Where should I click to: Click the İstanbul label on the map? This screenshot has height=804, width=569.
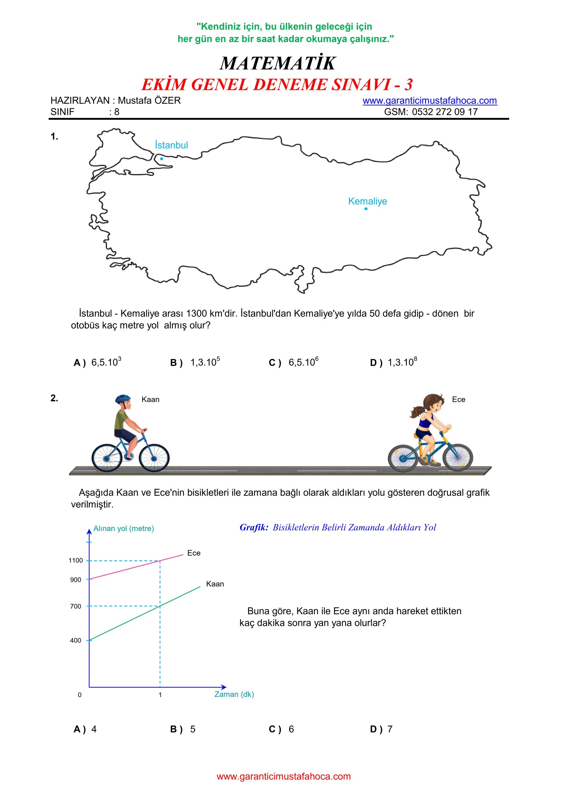pos(171,145)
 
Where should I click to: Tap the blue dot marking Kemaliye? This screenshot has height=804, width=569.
pos(366,209)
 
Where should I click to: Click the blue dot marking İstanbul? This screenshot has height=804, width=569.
pos(161,159)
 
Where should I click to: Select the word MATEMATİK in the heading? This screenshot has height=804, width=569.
pos(277,63)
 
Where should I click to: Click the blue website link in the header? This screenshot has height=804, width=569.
pos(429,101)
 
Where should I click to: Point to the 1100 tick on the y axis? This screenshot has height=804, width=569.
pos(75,561)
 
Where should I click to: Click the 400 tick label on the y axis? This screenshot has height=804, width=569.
pos(75,640)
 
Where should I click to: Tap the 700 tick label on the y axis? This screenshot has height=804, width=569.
pos(75,606)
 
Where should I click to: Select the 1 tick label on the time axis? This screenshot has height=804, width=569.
pos(160,695)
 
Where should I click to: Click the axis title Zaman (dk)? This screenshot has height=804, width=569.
pos(234,694)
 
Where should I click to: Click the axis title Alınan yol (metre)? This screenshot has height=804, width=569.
pos(123,529)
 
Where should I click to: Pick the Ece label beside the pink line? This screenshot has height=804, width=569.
pos(194,553)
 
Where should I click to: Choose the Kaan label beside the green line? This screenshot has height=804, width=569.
pos(215,584)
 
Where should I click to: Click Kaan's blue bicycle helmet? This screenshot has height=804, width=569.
pos(123,398)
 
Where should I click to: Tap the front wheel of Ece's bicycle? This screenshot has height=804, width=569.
pos(458,457)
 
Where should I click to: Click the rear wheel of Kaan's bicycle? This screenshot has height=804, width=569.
pos(107,458)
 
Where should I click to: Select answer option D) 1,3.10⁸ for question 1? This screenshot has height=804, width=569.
pos(393,362)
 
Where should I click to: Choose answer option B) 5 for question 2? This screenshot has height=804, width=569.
pos(183,729)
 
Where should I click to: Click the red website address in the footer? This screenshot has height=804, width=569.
pos(283,776)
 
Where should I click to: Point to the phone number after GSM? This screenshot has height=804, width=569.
pos(445,112)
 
